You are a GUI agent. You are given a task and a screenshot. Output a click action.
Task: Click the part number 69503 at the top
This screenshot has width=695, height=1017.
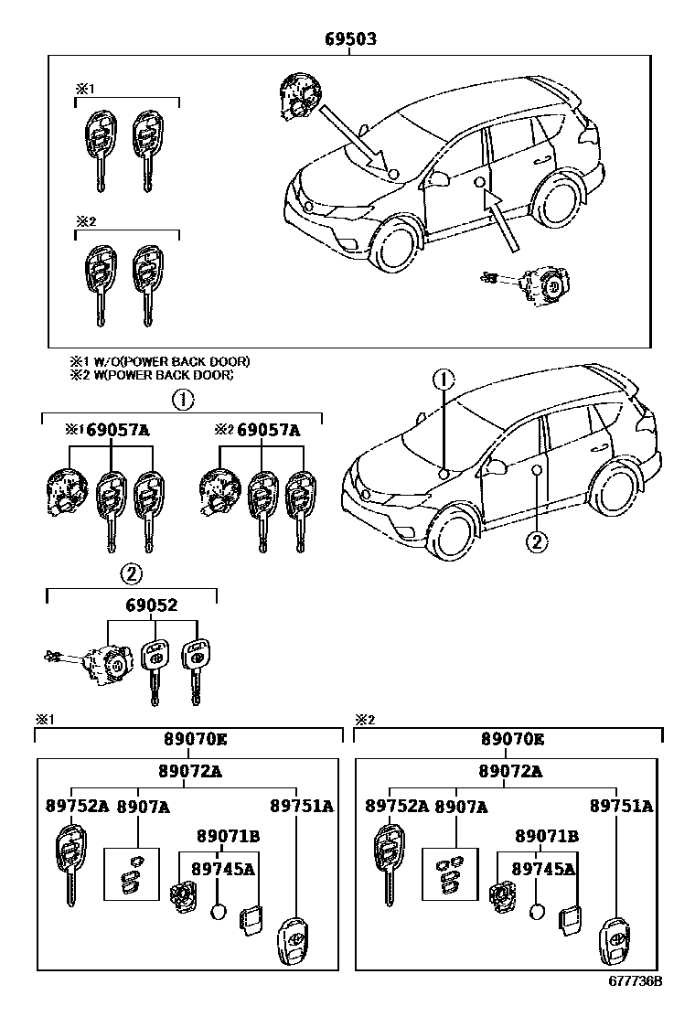coord(351,40)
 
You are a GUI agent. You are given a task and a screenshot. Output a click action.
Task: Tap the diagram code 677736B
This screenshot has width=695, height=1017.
coord(635,1006)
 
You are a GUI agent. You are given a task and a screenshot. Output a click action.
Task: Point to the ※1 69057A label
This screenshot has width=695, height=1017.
coord(107,430)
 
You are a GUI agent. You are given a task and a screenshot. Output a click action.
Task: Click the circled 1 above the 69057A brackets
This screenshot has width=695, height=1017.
coord(182,399)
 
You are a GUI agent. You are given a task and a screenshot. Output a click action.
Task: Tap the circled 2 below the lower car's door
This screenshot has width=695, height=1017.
coord(537,541)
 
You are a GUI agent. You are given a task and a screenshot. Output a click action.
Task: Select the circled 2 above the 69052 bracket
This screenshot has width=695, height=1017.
coord(132,573)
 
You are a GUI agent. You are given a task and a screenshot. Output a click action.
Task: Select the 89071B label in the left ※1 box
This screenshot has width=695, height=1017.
coord(228,836)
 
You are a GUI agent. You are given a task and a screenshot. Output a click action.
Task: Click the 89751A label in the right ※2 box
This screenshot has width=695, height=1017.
coord(621,806)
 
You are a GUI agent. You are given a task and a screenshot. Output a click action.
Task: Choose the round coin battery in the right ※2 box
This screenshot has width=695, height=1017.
coord(540,912)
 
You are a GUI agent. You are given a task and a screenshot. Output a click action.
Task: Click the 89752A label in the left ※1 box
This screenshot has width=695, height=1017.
coord(77,806)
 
